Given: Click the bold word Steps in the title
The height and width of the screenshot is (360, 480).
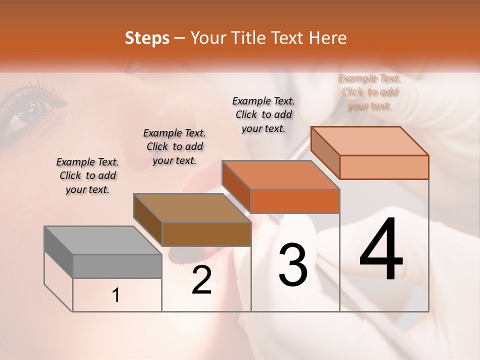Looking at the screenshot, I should [147, 38].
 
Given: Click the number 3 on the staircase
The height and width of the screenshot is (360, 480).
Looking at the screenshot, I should [293, 265].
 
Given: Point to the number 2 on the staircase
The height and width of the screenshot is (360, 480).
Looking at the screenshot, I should [202, 280].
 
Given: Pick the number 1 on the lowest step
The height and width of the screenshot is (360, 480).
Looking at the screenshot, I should [116, 295].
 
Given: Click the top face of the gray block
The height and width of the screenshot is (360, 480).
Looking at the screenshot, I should [102, 240].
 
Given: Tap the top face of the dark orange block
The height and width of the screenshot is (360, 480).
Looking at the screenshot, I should [280, 175].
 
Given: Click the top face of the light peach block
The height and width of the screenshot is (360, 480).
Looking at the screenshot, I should [369, 141].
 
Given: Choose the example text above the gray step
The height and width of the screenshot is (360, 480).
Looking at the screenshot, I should [87, 175].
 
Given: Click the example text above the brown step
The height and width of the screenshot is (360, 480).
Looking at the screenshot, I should [174, 146].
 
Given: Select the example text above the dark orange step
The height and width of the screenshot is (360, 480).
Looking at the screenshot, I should [263, 114].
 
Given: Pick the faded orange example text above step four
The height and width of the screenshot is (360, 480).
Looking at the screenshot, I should [369, 91].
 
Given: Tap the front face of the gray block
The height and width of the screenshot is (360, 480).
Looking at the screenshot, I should [117, 266].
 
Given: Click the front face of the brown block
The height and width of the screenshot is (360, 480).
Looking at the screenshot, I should [206, 234].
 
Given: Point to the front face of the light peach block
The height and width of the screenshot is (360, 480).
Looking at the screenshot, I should [384, 167].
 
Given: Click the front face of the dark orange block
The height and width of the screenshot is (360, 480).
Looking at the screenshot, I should [295, 201].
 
